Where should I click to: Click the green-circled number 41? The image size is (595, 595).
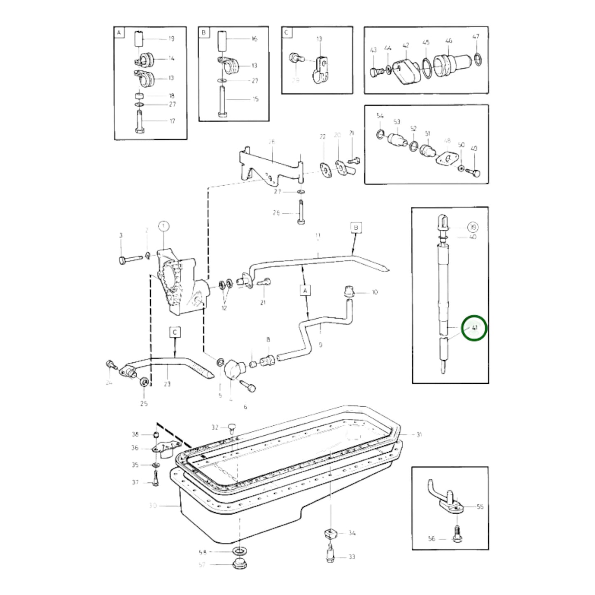click(x=474, y=328)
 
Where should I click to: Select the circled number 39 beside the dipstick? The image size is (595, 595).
click(x=473, y=227)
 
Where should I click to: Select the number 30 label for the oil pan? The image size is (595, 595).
click(x=153, y=505)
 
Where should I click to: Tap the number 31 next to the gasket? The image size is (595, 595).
click(x=419, y=434)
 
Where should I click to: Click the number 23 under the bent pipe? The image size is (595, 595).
click(x=167, y=384)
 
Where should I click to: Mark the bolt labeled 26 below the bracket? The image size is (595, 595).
click(x=300, y=213)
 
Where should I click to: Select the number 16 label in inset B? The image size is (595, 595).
click(x=254, y=39)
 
